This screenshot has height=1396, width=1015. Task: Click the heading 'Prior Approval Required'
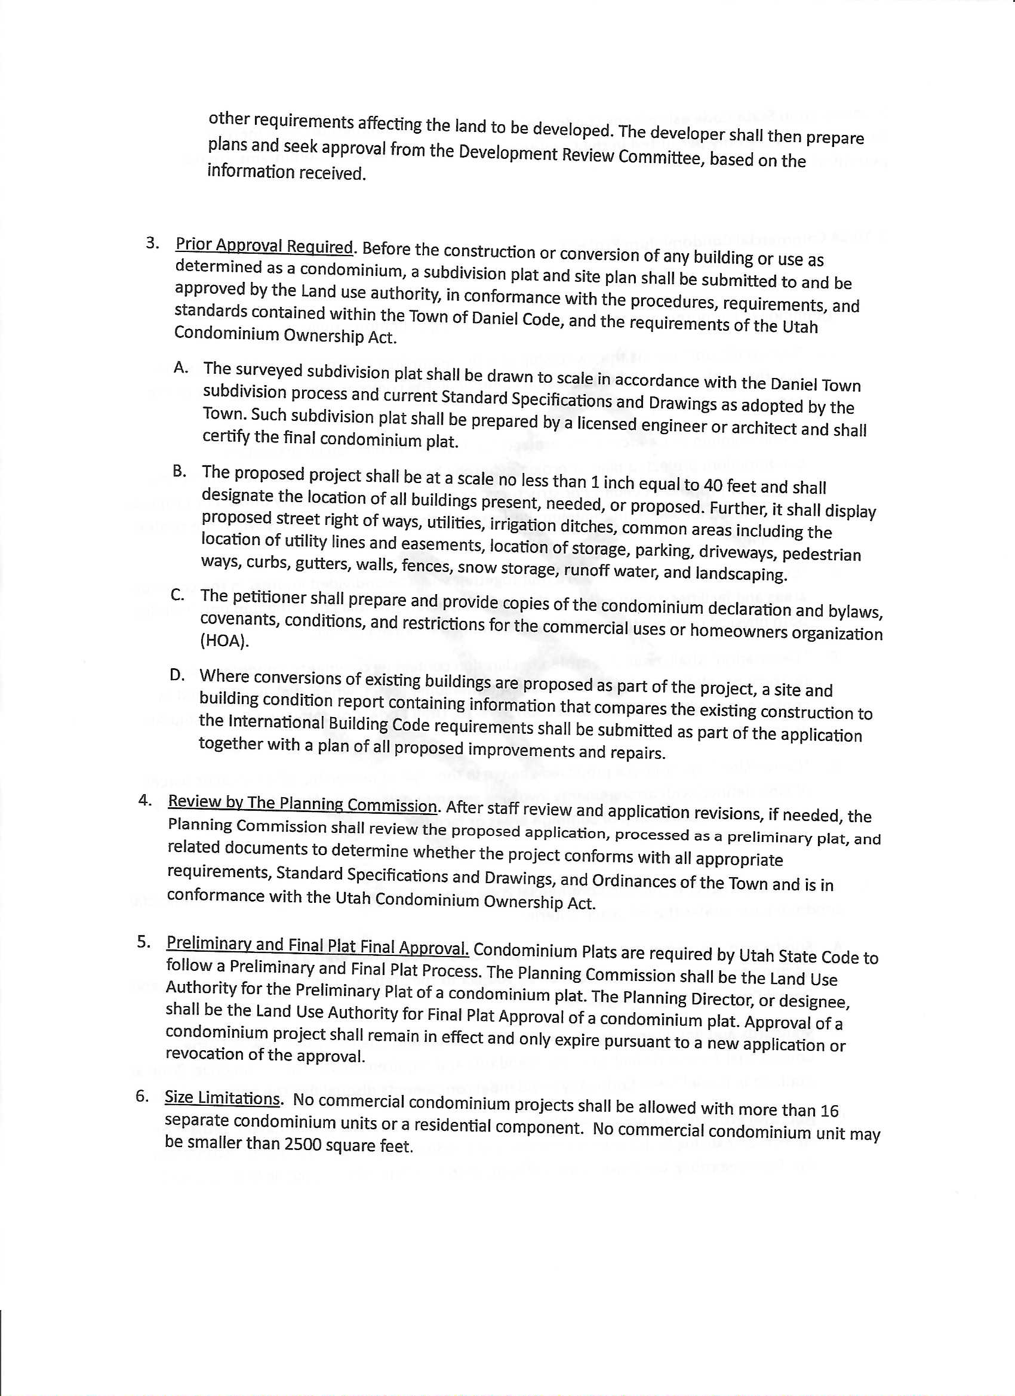(x=263, y=246)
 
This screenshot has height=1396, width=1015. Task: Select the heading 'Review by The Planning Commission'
(x=302, y=804)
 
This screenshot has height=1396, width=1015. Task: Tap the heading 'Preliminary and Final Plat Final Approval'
(x=317, y=946)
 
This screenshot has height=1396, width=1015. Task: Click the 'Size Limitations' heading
(x=222, y=1098)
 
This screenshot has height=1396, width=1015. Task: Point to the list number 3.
(x=152, y=242)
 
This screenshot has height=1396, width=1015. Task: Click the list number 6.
(x=142, y=1096)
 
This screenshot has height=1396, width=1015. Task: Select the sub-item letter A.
(x=180, y=367)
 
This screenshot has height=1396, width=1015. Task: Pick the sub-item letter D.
(x=177, y=675)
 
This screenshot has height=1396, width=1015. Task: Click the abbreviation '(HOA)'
(x=224, y=641)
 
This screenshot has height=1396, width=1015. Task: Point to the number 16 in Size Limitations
(x=829, y=1111)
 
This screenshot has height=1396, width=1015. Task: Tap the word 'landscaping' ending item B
(x=741, y=574)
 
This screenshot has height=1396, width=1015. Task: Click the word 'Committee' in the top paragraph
(x=661, y=157)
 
